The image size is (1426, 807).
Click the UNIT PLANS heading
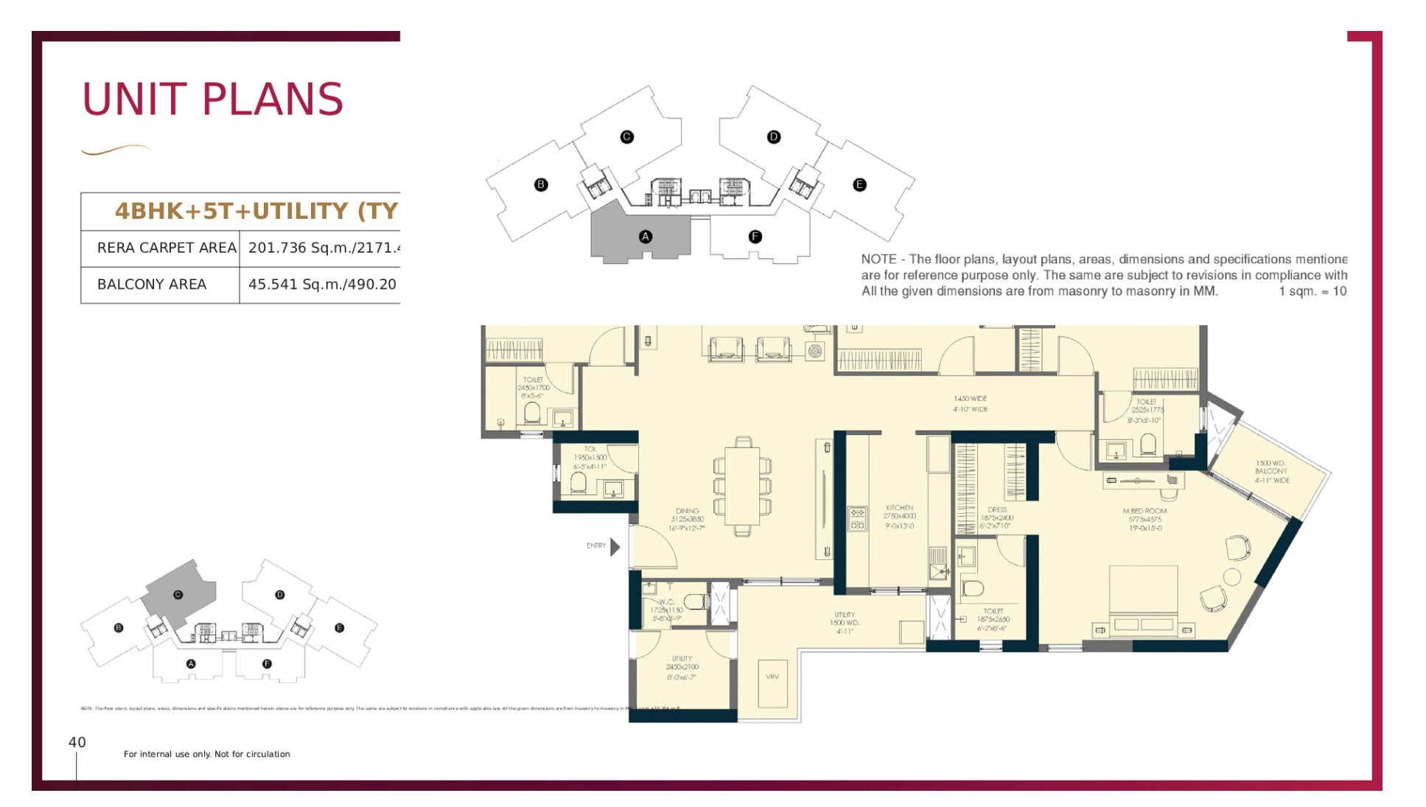212,99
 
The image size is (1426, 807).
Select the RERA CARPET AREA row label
167,248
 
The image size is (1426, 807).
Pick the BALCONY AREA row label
152,284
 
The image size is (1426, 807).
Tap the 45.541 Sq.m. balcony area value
322,284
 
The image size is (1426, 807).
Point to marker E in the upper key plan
859,185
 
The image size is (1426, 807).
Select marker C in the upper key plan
626,137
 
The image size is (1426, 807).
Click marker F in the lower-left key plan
267,664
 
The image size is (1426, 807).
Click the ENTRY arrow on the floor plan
615,546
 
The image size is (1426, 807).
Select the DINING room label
687,519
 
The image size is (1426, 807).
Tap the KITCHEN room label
899,516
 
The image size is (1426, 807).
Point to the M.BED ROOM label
1144,519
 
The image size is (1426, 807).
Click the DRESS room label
996,517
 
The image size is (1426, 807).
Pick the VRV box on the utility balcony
772,677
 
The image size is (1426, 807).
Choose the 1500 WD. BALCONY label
1271,472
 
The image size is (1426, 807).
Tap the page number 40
77,742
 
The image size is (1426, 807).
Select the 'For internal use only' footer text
206,754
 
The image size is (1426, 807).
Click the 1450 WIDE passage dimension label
970,403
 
